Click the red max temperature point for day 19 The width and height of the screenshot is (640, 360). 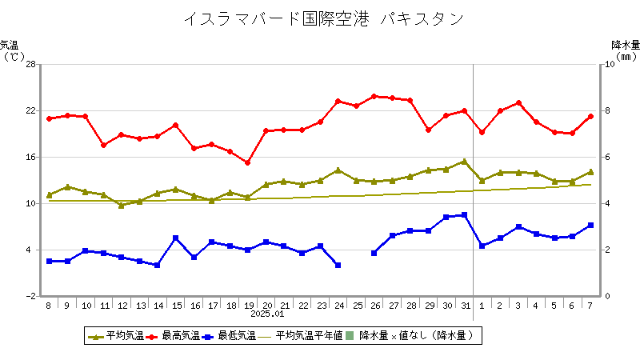pyautogui.click(x=247, y=162)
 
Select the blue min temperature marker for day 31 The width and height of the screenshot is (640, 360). pyautogui.click(x=464, y=215)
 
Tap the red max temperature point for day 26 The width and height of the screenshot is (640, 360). pyautogui.click(x=374, y=96)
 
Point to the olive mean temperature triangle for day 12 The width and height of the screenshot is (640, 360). pyautogui.click(x=121, y=206)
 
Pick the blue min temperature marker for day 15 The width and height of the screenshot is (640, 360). pyautogui.click(x=175, y=238)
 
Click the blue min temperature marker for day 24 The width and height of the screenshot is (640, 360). pyautogui.click(x=338, y=265)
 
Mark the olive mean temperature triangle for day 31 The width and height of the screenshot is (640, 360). pyautogui.click(x=464, y=162)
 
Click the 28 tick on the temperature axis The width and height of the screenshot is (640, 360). pyautogui.click(x=30, y=64)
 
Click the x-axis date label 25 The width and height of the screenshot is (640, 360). pyautogui.click(x=356, y=306)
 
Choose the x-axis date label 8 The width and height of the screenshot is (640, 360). pyautogui.click(x=49, y=306)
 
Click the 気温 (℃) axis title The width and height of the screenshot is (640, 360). pyautogui.click(x=11, y=50)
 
